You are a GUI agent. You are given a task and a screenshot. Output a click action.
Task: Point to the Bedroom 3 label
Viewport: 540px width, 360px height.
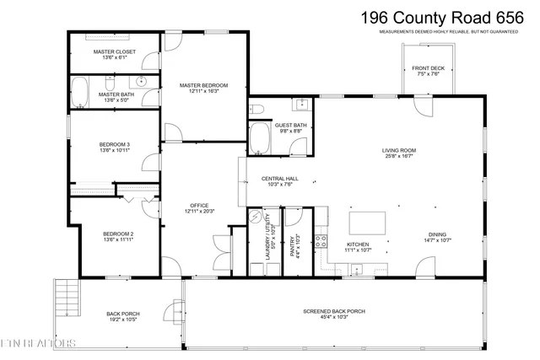point(115,147)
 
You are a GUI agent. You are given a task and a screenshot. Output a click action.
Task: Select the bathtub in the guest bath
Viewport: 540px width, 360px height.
point(258,137)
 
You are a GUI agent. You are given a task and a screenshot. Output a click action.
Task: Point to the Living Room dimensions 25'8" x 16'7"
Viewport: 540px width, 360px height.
point(399,156)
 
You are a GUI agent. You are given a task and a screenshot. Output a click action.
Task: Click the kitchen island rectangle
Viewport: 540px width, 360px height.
point(367,222)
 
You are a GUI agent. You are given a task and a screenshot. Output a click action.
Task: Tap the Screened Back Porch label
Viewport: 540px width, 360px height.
point(334,312)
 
